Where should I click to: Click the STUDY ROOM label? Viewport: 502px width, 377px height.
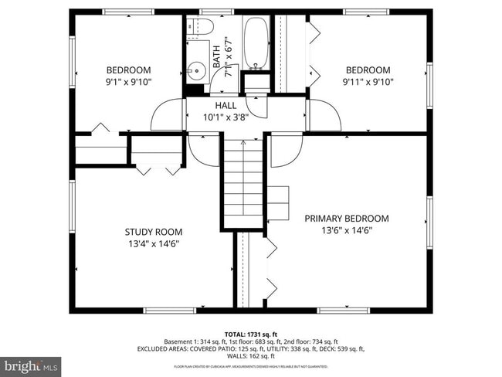click(153, 232)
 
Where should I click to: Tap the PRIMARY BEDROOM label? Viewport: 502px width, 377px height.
click(346, 219)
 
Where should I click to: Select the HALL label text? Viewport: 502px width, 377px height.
click(226, 105)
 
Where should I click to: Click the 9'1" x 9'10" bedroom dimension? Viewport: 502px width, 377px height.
click(128, 82)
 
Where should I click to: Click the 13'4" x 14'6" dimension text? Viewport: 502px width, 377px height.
click(153, 244)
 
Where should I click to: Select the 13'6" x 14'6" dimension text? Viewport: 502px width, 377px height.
click(346, 230)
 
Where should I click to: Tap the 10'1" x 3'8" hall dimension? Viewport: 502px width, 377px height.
click(226, 117)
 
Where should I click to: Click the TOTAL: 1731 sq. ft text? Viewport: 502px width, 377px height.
click(251, 334)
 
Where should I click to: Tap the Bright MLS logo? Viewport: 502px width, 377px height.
click(31, 364)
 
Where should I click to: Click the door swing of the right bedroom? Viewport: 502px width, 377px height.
click(324, 116)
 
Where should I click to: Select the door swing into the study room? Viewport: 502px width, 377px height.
click(205, 149)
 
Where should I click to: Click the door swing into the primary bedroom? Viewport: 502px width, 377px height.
click(286, 149)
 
